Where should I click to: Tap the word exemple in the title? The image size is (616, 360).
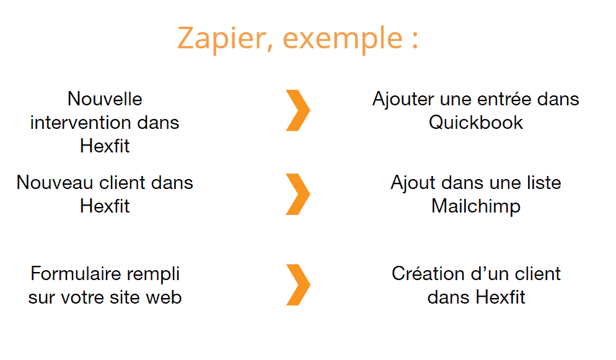343,39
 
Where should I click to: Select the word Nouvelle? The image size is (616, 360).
105,99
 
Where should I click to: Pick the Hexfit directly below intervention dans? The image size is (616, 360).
105,146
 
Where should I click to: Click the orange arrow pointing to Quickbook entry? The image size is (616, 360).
298,110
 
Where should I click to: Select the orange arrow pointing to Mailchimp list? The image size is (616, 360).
298,194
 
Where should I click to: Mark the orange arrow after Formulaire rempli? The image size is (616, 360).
298,284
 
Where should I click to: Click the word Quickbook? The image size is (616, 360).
476,123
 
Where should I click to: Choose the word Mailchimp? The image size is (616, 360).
476,206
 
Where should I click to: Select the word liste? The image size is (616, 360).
545,183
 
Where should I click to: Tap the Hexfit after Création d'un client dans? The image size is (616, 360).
501,297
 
